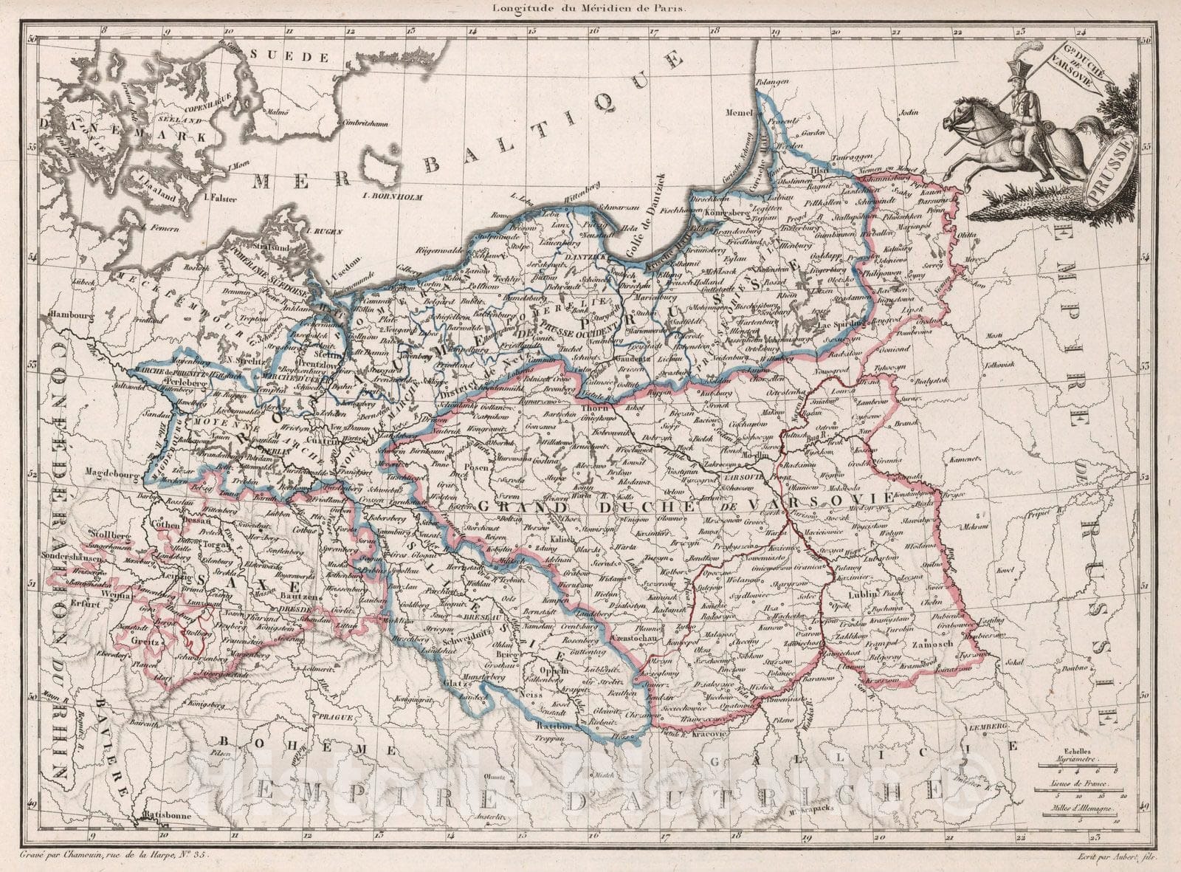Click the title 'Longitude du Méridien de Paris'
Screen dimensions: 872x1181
pos(583,9)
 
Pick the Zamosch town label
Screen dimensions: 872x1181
pos(937,644)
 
